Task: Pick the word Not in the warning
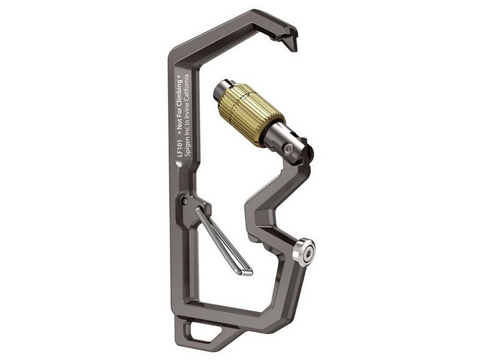(180, 125)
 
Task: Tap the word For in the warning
(180, 115)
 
